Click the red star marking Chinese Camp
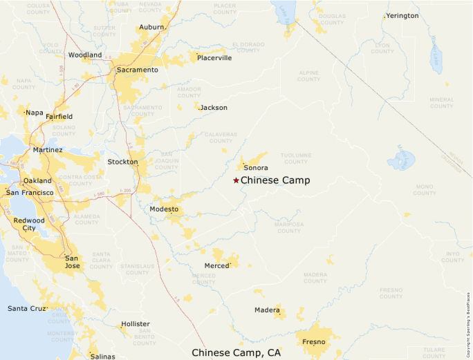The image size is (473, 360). pos(236,180)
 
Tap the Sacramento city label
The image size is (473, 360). pos(137,70)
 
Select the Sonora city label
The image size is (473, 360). pos(256,168)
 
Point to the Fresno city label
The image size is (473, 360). pos(314,341)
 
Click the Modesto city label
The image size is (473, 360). pos(164,209)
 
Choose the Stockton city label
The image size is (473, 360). pos(122,162)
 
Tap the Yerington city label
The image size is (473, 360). pos(402,15)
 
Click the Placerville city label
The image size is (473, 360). pos(214,58)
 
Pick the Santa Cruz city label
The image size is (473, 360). pos(28,308)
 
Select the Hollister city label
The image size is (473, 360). pos(136,323)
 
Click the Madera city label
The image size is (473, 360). pos(267,310)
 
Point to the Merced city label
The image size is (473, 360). pos(216,265)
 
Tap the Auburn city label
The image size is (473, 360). pos(151,27)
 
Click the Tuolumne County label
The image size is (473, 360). pos(296,158)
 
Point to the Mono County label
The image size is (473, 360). pos(423,189)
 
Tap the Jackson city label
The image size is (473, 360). pos(214,108)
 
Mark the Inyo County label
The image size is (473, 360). pos(453,257)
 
